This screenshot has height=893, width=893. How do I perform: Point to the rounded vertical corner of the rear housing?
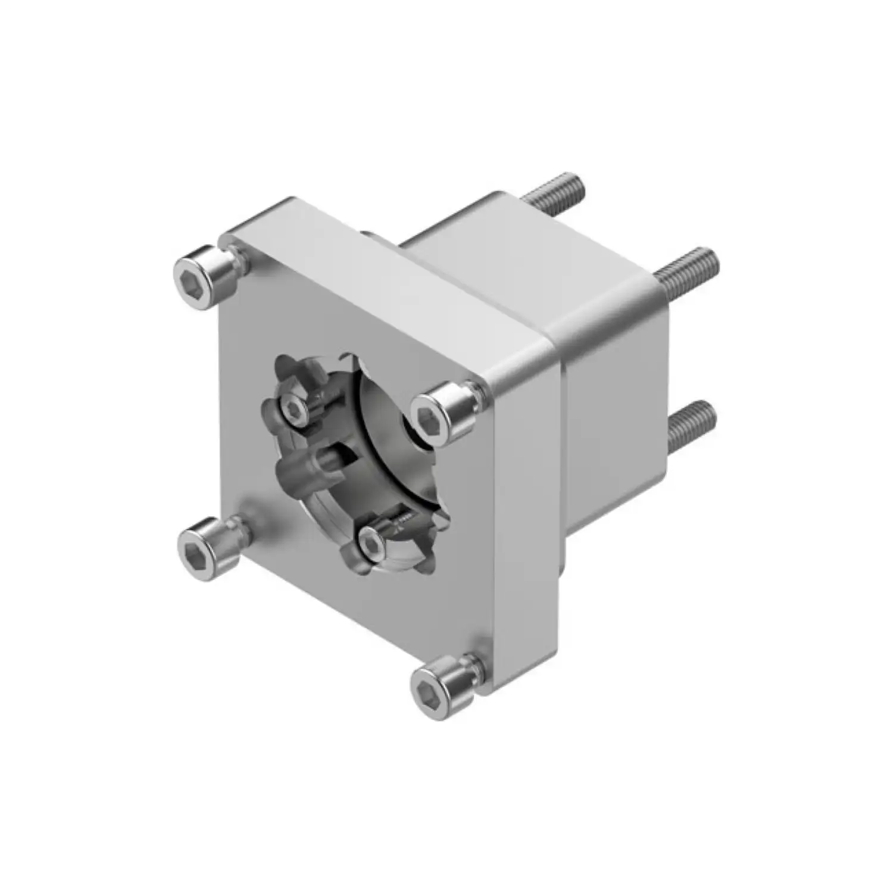tap(563, 429)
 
